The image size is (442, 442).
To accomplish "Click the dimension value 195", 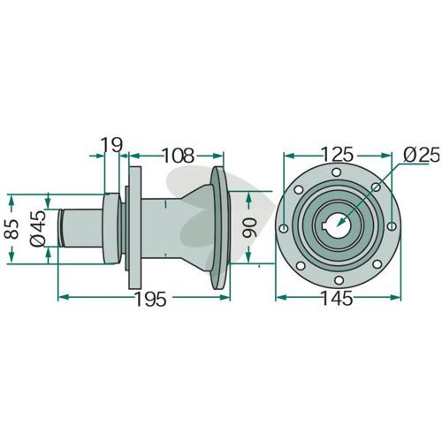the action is coord(151,299).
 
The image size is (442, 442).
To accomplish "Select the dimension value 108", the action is coord(179,155).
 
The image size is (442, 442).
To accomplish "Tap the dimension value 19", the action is coord(111,145).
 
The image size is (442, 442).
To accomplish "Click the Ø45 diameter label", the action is coord(38,228).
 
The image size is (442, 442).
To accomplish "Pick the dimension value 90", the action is coord(249,228).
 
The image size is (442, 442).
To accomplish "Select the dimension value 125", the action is coord(337,155).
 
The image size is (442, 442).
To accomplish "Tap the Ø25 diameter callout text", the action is coord(422,155).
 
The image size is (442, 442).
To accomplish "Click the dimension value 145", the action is coord(337,298).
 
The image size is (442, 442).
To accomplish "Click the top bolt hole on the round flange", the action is coord(336,172).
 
